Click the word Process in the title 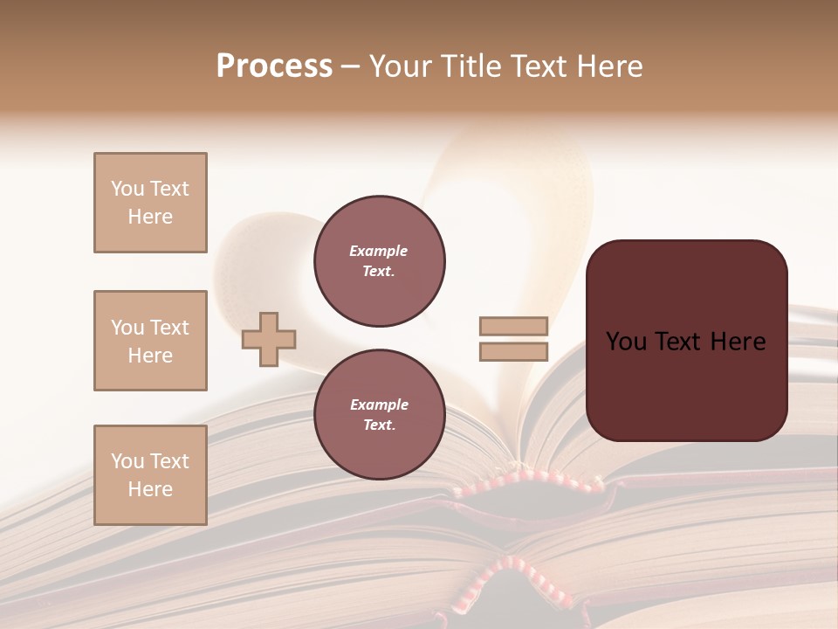coord(274,66)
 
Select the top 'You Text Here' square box coord(150,203)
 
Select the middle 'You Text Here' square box coord(150,341)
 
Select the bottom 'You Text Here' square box coord(150,475)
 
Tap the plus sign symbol coord(269,339)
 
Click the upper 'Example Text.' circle coord(380,260)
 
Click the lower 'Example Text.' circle coord(380,414)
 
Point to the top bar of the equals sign coord(513,327)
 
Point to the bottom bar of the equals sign coord(513,352)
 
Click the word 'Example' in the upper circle coord(379,251)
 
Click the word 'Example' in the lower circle coord(379,404)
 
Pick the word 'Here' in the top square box coord(150,217)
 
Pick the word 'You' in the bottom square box coord(127,461)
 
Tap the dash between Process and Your coord(350,67)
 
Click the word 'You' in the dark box coord(627,342)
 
